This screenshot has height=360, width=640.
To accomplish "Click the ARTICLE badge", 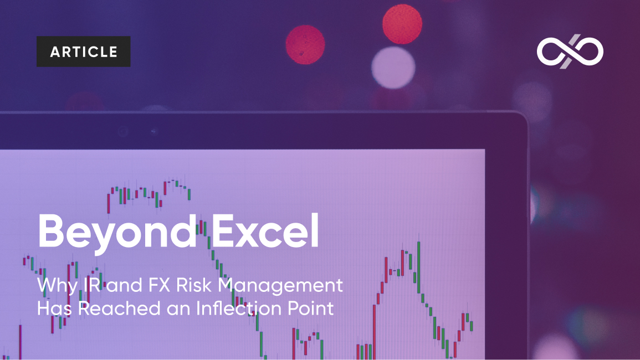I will [x=84, y=52].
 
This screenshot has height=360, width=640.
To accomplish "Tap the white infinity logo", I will [x=570, y=52].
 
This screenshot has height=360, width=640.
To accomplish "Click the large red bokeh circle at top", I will [x=402, y=24].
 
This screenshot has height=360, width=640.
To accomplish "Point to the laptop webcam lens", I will [x=123, y=132].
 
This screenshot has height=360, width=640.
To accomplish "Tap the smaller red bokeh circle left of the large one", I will [x=305, y=44].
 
